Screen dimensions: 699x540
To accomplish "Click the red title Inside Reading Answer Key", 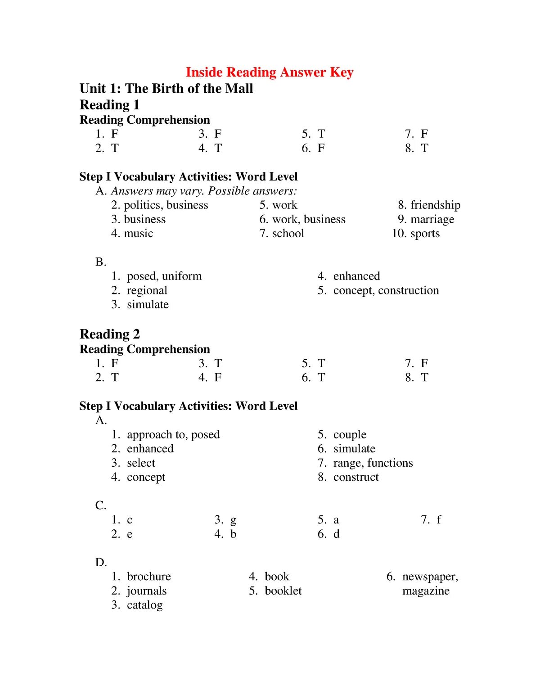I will tap(270, 72).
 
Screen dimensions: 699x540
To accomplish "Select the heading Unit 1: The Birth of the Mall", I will tap(166, 89).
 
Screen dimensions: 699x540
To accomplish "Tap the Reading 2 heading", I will tap(110, 334).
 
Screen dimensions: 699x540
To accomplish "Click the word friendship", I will tap(435, 205).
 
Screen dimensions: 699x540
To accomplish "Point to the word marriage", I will tap(432, 220).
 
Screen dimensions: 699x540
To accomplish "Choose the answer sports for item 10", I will tap(425, 234).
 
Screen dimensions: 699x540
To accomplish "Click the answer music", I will tap(138, 234).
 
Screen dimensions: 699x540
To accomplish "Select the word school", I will tap(288, 234).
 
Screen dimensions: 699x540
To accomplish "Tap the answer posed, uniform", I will tap(164, 276).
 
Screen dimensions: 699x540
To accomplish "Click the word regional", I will tap(147, 290).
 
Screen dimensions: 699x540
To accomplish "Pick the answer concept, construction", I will tap(386, 290).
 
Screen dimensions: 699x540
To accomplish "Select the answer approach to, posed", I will tap(173, 434).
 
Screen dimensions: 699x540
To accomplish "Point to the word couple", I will tap(350, 434).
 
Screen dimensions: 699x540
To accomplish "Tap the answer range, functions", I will tap(373, 463).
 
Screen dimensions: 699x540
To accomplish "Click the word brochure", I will tap(149, 577).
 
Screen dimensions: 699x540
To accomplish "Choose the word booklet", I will tap(283, 591).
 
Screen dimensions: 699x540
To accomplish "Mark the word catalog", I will tap(144, 605).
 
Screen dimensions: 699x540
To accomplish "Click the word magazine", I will tap(426, 591).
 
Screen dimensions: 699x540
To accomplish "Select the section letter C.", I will tap(100, 505).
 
